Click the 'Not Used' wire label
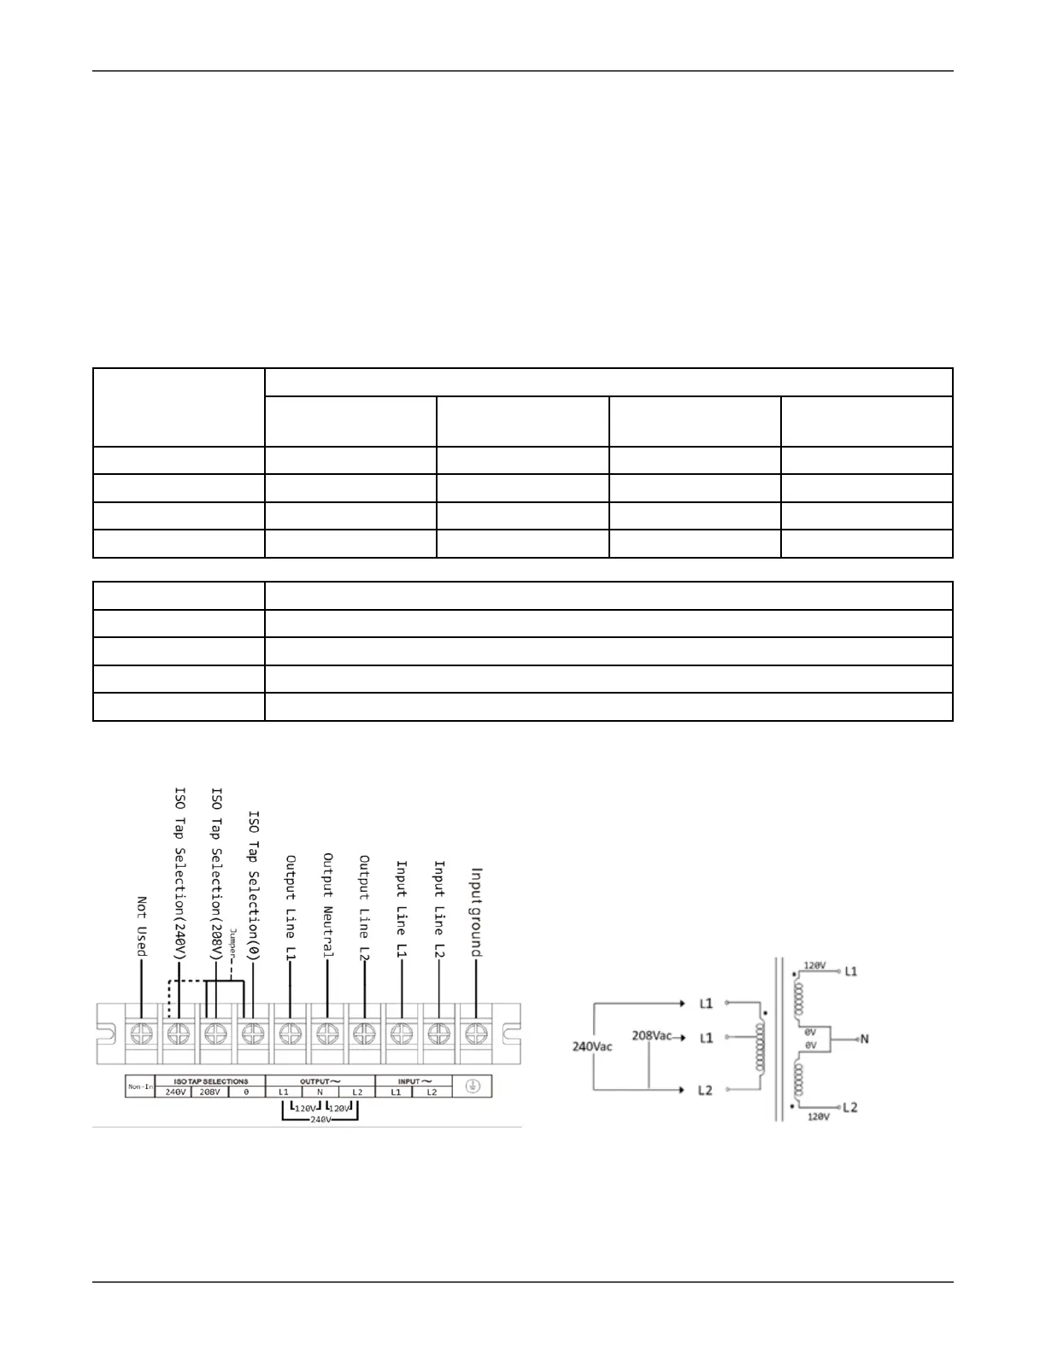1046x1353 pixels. [142, 926]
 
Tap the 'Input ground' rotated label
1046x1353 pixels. [477, 912]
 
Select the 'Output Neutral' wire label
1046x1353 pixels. [328, 905]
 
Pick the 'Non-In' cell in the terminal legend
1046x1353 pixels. [140, 1086]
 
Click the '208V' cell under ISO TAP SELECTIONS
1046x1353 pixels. [210, 1092]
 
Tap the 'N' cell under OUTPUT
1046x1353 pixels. [320, 1092]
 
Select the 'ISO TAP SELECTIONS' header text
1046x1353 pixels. [210, 1081]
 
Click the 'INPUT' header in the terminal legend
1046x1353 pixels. [414, 1081]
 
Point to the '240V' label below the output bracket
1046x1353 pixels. [320, 1119]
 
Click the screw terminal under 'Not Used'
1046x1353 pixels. [140, 1034]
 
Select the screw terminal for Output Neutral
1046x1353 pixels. [327, 1034]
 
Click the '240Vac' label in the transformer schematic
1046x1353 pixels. [591, 1046]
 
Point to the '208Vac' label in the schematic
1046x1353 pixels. [651, 1035]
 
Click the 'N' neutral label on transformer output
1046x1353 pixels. [864, 1040]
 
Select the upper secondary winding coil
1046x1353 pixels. [800, 997]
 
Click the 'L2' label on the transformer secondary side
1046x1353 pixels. [849, 1108]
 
